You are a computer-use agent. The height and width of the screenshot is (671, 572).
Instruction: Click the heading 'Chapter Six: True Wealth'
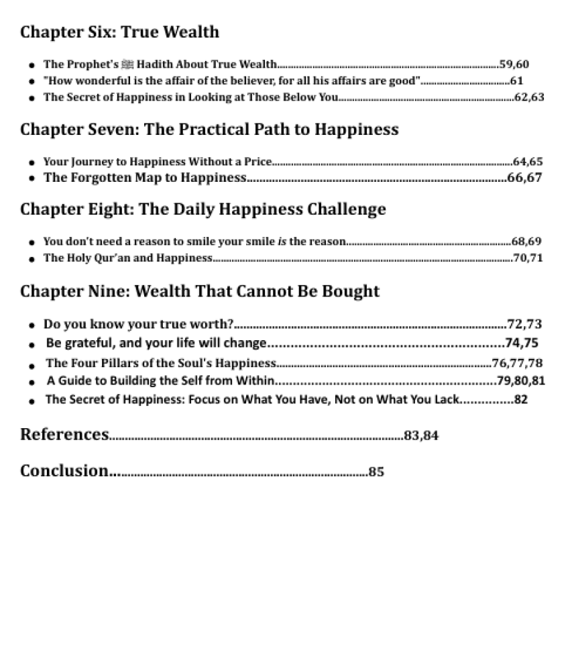click(x=119, y=32)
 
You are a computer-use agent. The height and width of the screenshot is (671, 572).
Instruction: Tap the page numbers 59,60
click(x=514, y=64)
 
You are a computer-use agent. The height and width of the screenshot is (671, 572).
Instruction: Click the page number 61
click(x=516, y=81)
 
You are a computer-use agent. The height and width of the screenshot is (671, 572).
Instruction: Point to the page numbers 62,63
click(x=529, y=97)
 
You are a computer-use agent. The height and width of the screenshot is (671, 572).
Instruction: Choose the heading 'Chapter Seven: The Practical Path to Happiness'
click(x=209, y=130)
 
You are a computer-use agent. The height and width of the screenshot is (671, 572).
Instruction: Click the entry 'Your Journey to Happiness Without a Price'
click(x=158, y=162)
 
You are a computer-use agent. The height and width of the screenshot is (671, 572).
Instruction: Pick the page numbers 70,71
click(x=528, y=258)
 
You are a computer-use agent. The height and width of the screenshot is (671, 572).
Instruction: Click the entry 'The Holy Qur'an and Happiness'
click(x=127, y=258)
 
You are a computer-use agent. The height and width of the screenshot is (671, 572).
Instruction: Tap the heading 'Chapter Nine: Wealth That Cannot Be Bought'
click(x=200, y=291)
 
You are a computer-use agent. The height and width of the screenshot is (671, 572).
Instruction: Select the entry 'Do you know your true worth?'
click(x=138, y=324)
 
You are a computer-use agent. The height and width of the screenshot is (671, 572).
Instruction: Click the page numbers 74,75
click(x=522, y=343)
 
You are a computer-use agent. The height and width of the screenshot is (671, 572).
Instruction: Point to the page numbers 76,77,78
click(x=517, y=363)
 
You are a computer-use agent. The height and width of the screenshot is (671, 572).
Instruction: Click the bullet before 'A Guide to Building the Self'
click(x=32, y=382)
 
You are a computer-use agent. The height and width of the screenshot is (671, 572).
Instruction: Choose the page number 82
click(x=520, y=400)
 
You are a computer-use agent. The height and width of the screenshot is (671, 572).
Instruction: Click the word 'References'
click(x=64, y=435)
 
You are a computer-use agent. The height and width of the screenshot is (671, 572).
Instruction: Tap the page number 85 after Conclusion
click(x=376, y=472)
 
